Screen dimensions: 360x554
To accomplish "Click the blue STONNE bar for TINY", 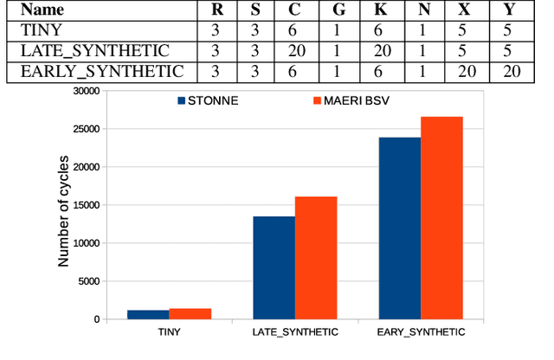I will coord(148,314).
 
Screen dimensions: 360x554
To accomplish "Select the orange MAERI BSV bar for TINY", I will coord(190,313).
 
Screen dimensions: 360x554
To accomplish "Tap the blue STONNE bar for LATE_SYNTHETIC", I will coord(274,267).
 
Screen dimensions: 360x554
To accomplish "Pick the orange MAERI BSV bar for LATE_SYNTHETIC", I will coord(316,258).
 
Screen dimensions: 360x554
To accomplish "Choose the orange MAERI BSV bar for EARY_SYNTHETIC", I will coord(441,217).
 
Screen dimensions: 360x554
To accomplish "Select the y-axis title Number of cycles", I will coord(62,205).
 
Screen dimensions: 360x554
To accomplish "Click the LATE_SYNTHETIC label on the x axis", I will coord(295,332).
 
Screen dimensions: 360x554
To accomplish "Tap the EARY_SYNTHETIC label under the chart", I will coord(422,332).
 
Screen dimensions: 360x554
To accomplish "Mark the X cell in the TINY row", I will coord(467,31).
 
